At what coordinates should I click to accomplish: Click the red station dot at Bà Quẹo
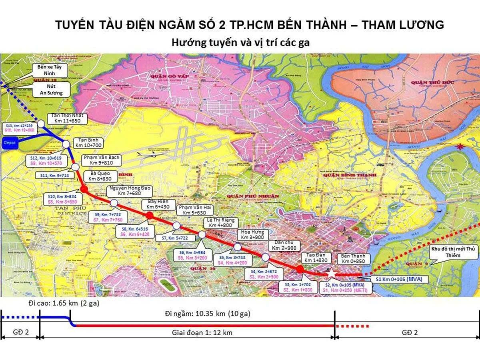(84, 189)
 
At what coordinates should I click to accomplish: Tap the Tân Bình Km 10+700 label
(88, 143)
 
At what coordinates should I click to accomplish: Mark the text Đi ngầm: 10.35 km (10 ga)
(204, 314)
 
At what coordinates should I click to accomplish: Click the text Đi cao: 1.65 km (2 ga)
(64, 304)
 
